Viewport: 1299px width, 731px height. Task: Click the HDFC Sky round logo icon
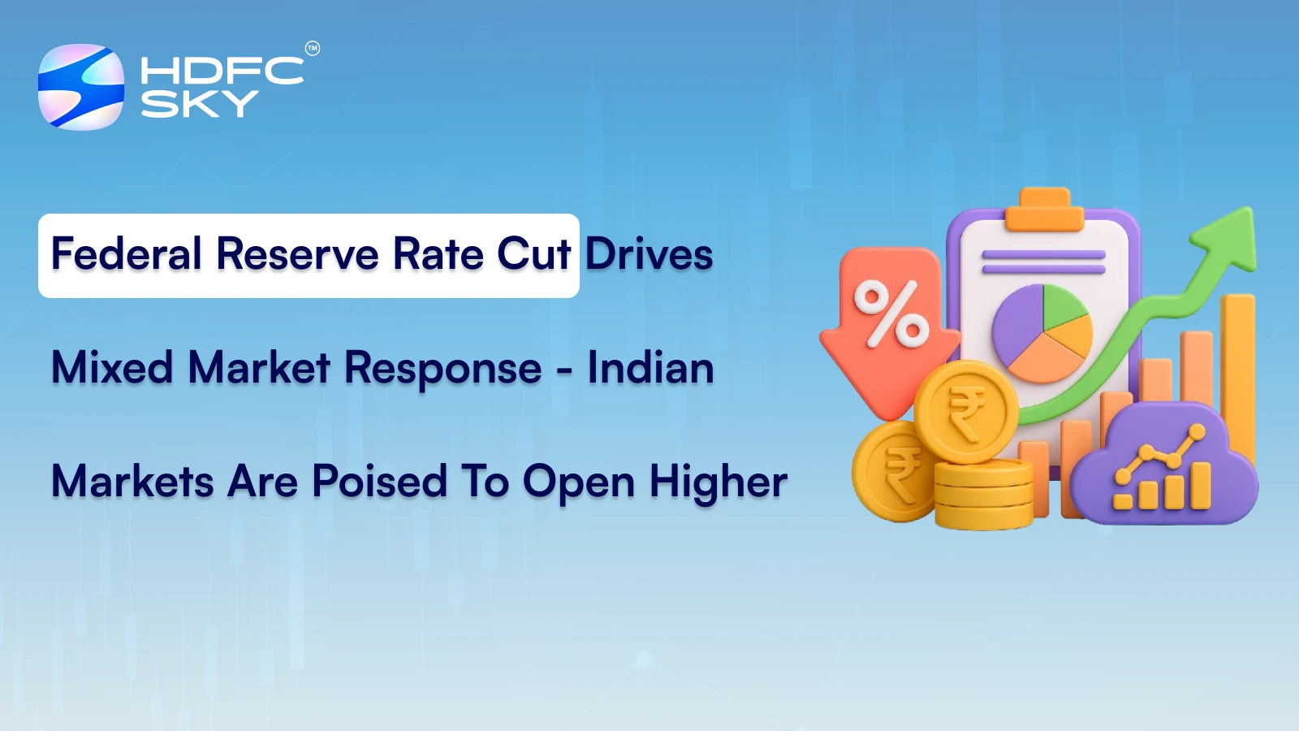coord(81,87)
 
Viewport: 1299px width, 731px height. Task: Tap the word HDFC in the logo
coord(221,71)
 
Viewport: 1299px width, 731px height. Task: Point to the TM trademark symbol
coord(313,49)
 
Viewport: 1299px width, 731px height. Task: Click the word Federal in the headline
coord(127,254)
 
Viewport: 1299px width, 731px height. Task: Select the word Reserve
coord(298,254)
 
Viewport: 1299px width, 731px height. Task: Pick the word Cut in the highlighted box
coord(533,254)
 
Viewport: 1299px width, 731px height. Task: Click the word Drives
coord(649,254)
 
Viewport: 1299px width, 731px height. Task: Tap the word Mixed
coord(112,368)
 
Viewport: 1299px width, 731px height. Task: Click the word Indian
coord(651,368)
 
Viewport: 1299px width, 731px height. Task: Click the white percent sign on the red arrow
coord(891,313)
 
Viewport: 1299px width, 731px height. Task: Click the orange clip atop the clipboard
coord(1044,209)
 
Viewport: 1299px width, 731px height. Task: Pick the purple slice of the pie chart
coord(1015,329)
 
